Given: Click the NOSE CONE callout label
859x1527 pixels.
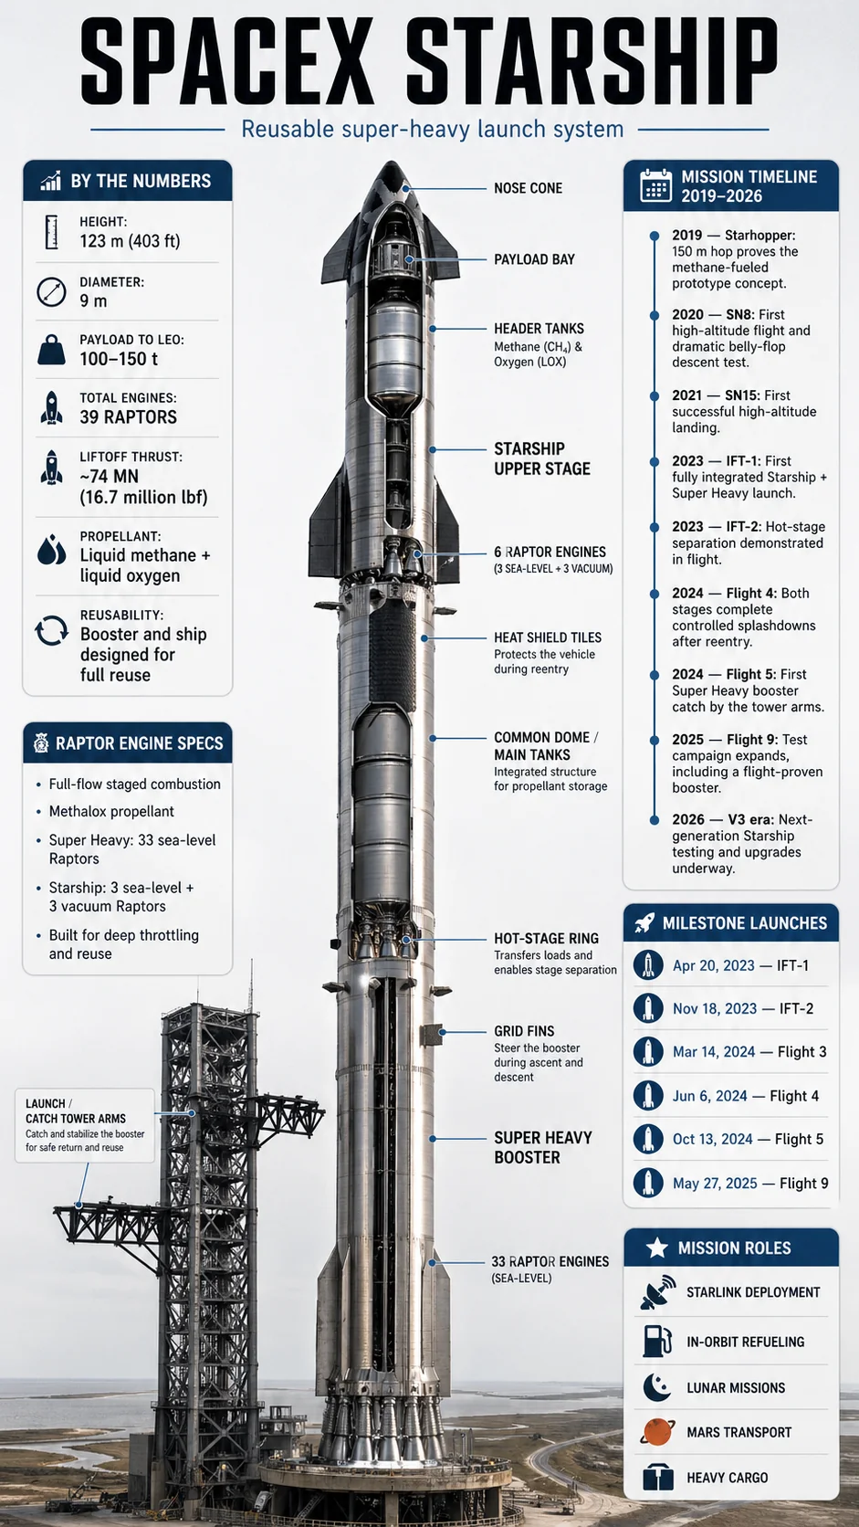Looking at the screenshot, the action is (528, 188).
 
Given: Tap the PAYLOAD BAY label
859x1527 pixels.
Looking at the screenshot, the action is (534, 259).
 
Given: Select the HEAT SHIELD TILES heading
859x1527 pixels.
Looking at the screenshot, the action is (548, 637).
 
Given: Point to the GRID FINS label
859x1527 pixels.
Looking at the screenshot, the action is (524, 1031).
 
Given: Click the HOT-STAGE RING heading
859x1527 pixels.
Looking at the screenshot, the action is (546, 939).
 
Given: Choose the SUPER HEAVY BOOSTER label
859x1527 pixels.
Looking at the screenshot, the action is (543, 1147).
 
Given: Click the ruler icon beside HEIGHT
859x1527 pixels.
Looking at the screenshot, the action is (51, 232).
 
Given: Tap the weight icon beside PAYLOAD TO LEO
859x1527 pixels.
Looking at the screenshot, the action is (52, 350).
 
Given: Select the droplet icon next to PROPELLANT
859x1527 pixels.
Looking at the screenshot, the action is (51, 550).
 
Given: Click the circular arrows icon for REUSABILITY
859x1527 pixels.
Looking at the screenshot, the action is (51, 630).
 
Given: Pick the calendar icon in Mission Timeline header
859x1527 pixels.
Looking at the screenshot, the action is (656, 185).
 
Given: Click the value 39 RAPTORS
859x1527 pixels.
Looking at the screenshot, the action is (128, 417).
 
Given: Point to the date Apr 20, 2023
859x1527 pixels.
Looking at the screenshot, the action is (713, 965).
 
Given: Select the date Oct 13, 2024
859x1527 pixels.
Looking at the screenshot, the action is (713, 1139).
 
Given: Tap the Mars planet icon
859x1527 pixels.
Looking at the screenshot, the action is (657, 1432).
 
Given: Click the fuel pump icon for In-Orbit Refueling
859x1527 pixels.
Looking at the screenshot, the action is (657, 1341).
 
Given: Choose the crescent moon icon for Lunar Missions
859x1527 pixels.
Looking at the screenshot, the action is (656, 1386).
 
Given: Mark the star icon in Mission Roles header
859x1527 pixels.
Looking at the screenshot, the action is (656, 1248).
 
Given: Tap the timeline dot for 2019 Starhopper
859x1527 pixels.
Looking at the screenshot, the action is (655, 236).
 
